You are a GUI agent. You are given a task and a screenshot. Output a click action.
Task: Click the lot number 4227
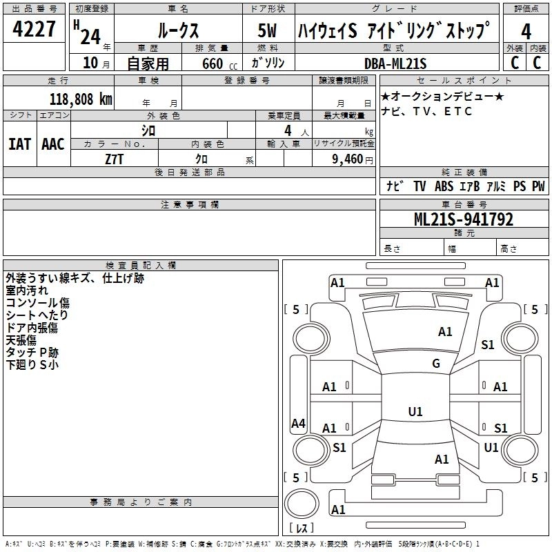[x=34, y=29]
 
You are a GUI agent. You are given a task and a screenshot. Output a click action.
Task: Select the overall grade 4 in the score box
[x=526, y=32]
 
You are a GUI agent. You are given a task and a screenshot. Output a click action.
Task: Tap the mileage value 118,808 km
[x=81, y=99]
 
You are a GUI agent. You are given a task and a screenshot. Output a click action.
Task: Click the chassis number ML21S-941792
[x=464, y=219]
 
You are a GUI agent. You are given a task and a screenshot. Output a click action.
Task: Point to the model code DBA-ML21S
[x=395, y=63]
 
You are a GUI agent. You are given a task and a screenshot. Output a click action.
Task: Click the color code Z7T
[x=114, y=159]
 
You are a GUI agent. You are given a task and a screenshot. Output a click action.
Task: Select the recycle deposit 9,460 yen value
[x=352, y=159]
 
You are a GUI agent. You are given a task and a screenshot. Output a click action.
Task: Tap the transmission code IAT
[x=20, y=144]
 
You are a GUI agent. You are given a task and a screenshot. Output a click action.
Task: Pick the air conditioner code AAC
[x=53, y=144]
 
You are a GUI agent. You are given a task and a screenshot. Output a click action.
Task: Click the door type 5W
[x=267, y=30]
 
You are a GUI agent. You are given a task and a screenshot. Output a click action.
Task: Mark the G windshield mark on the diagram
[x=436, y=364]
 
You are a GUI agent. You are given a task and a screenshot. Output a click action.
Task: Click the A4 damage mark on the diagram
[x=298, y=423]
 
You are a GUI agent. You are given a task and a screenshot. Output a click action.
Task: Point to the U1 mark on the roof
[x=415, y=411]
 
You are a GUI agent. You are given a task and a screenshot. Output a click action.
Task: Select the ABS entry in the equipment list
[x=444, y=186]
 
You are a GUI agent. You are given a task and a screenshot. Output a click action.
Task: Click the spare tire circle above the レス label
[x=302, y=504]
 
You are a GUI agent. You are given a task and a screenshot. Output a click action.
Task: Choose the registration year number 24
[x=90, y=37]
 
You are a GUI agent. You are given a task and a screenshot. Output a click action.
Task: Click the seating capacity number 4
[x=288, y=131]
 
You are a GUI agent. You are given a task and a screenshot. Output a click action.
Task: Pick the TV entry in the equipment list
[x=420, y=186]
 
